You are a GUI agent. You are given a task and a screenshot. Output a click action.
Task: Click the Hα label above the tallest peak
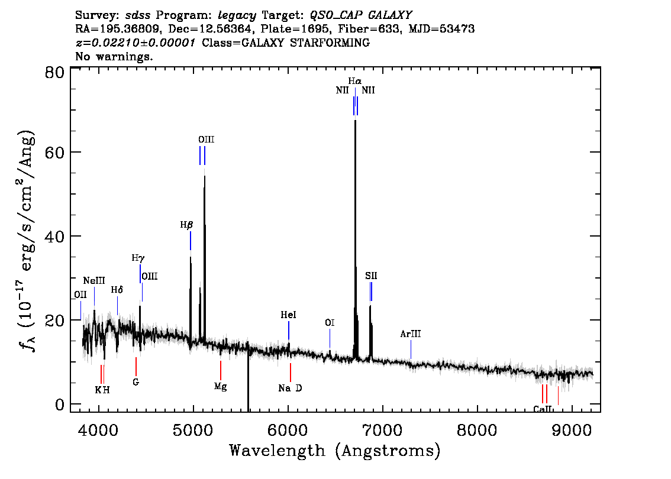pos(355,81)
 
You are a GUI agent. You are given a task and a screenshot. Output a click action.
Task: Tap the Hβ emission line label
pos(186,225)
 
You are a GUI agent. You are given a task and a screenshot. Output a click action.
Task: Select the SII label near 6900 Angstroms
pos(371,276)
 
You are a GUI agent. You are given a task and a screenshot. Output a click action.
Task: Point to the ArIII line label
pos(411,334)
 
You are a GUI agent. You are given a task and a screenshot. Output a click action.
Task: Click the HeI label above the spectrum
pos(288,315)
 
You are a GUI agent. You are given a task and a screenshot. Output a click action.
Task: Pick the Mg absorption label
pos(220,387)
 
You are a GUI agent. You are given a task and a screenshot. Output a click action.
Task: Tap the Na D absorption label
pos(290,389)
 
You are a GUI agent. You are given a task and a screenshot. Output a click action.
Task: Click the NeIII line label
pos(94,281)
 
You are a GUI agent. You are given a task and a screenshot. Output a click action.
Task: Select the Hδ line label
pos(117,290)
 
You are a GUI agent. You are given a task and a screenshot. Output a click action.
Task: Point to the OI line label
pos(330,322)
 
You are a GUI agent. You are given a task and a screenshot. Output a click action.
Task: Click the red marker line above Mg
pos(221,370)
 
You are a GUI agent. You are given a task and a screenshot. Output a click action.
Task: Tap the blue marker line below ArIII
pos(411,349)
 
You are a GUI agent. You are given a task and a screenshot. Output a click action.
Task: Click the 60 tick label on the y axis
pos(54,152)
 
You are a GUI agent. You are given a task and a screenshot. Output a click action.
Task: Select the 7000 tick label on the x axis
pos(382,430)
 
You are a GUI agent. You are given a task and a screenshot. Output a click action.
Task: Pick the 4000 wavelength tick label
pos(98,430)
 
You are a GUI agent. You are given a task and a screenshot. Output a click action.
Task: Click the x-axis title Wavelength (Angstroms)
pos(335,451)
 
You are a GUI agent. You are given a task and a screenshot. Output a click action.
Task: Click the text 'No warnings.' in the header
pos(114,56)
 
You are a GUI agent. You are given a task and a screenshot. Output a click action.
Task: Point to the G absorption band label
pos(136,382)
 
